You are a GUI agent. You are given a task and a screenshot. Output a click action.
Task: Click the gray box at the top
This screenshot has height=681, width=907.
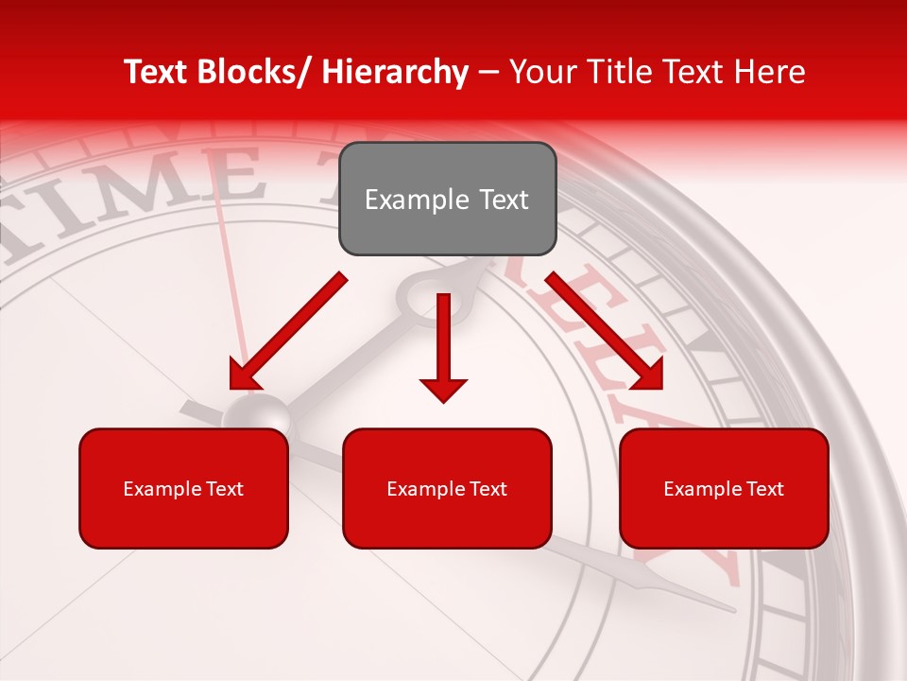coord(447,199)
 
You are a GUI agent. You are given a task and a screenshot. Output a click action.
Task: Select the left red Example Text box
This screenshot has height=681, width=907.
coord(183,488)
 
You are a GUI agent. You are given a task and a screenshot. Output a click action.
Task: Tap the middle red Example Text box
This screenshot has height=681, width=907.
coord(447,488)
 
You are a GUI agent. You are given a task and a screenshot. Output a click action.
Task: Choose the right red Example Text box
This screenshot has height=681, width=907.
coord(724,488)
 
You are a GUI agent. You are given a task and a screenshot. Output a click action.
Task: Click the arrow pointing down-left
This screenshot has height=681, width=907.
coord(289,330)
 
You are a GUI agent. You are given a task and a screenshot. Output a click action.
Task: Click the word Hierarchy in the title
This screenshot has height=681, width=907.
coord(395,72)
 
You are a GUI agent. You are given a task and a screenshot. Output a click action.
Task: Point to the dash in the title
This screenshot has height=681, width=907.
coord(488,72)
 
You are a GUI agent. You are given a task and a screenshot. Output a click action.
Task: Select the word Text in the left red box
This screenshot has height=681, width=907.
coord(223,489)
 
